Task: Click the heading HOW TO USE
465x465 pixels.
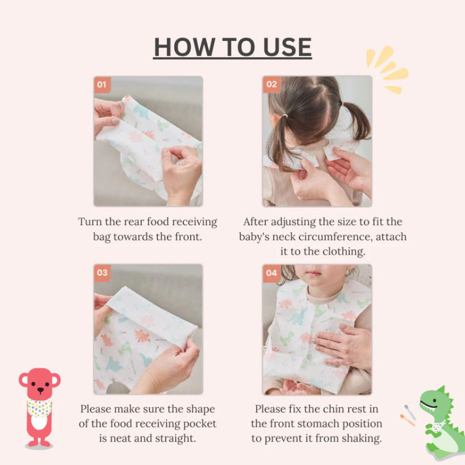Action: (x=232, y=48)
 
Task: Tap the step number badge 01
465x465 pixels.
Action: (x=102, y=85)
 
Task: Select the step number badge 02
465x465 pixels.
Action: (x=272, y=85)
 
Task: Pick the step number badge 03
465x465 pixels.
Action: (x=102, y=273)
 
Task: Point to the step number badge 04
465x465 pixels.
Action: (x=272, y=273)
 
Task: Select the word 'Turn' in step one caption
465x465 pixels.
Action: (x=91, y=222)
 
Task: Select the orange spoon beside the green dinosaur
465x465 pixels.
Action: (x=407, y=420)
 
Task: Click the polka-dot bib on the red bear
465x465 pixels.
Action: (x=39, y=407)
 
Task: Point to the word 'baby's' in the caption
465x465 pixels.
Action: (x=258, y=237)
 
